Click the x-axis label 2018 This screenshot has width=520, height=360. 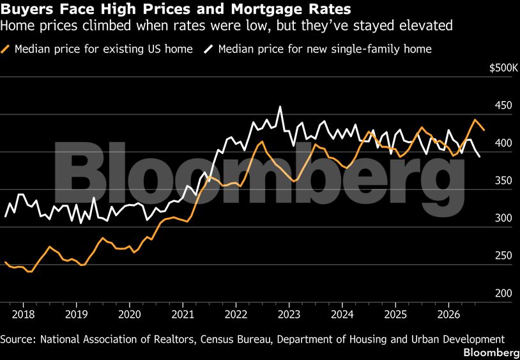click(23, 314)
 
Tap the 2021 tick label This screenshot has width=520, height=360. click(183, 314)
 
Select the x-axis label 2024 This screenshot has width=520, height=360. click(342, 314)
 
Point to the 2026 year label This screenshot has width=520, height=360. click(448, 314)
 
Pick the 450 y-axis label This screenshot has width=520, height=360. click(504, 106)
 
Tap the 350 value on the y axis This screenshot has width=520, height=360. click(504, 181)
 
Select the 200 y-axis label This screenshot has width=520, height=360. click(504, 293)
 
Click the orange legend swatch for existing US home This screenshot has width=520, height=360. click(5, 49)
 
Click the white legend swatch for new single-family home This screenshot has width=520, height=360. click(209, 49)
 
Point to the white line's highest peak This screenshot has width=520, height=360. click(280, 107)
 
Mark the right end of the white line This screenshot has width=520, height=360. click(480, 156)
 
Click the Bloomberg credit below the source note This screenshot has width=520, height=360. click(491, 352)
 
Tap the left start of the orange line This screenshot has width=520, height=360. click(5, 262)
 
